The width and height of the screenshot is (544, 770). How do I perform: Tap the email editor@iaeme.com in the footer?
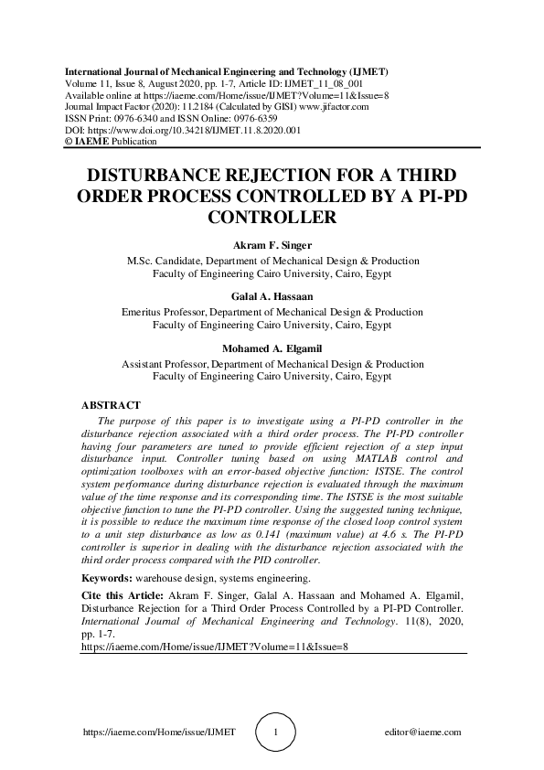pyautogui.click(x=423, y=733)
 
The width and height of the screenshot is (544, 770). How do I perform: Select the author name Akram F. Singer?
pyautogui.click(x=272, y=245)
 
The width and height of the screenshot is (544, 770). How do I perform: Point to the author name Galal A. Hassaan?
pyautogui.click(x=272, y=296)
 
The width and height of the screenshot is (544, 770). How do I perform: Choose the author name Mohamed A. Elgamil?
pyautogui.click(x=272, y=348)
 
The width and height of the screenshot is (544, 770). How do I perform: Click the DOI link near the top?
pyautogui.click(x=180, y=130)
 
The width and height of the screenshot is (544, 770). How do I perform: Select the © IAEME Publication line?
pyautogui.click(x=111, y=142)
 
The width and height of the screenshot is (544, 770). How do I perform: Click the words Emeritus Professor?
pyautogui.click(x=164, y=311)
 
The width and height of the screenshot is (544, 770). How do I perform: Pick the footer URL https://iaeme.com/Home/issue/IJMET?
pyautogui.click(x=159, y=733)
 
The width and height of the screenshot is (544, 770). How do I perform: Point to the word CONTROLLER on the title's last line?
pyautogui.click(x=272, y=218)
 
